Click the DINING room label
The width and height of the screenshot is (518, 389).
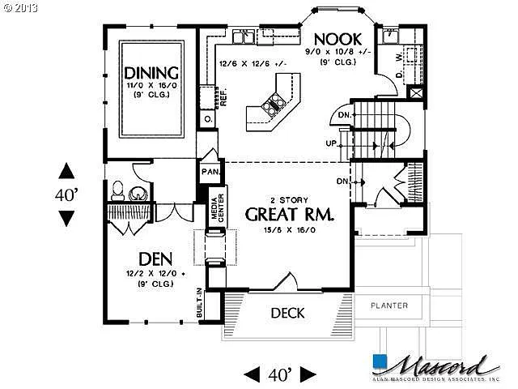click(151, 71)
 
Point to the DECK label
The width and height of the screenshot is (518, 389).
click(287, 313)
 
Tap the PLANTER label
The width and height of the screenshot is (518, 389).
click(389, 306)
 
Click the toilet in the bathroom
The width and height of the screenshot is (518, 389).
click(118, 191)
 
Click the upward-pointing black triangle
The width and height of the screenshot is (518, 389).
click(66, 171)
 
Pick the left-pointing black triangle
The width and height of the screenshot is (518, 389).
click(253, 374)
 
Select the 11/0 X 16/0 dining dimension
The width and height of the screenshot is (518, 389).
click(151, 85)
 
